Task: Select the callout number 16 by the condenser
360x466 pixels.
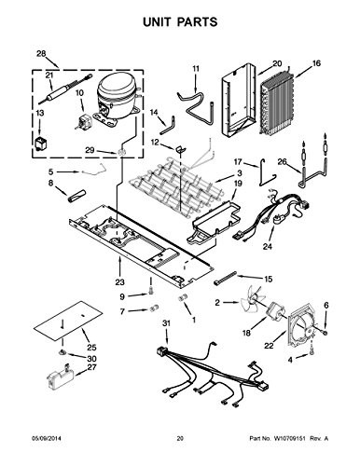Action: [316, 63]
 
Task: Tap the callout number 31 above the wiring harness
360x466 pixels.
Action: [167, 323]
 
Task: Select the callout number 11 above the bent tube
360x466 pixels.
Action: [196, 68]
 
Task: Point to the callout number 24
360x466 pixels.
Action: [267, 248]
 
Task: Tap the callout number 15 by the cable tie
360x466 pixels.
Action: [269, 279]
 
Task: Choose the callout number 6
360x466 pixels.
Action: [325, 305]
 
